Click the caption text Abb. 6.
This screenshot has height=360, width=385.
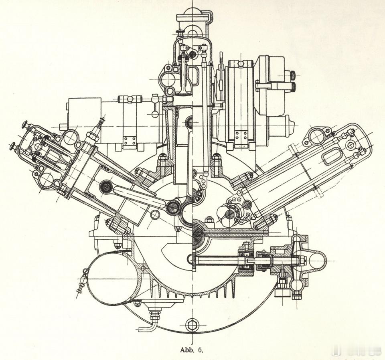pos(192,349)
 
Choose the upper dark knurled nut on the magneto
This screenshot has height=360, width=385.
pos(292,75)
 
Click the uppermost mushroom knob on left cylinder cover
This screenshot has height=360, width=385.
pos(24,123)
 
